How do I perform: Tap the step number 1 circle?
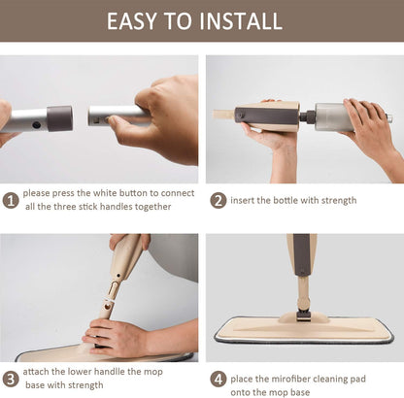point(11,200)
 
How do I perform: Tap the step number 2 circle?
point(219,200)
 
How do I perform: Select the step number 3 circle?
point(11,378)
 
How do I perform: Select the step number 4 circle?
point(219,378)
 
